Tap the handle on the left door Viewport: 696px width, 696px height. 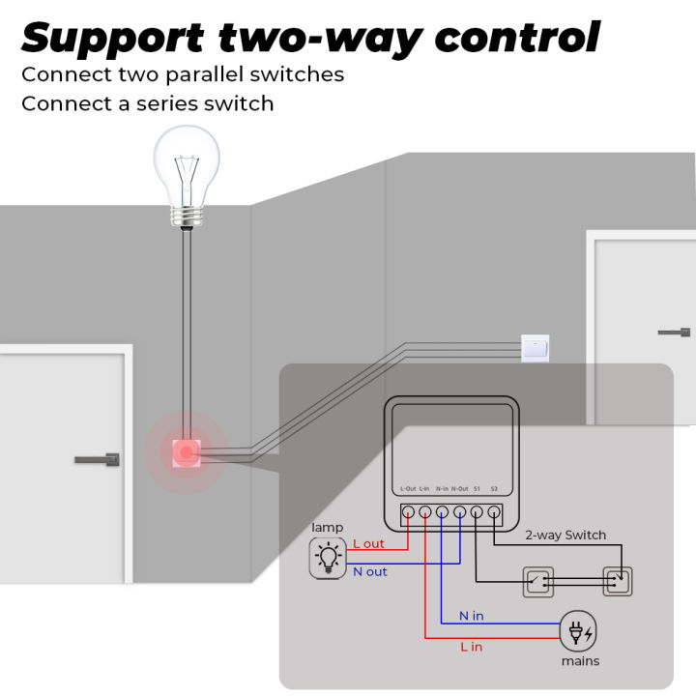[x=100, y=459]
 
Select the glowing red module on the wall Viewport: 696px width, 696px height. [x=184, y=450]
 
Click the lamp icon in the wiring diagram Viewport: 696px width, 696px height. [x=327, y=559]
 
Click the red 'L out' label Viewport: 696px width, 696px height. [x=368, y=544]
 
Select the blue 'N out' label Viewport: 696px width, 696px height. [x=369, y=572]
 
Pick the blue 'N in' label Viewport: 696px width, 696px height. [x=472, y=616]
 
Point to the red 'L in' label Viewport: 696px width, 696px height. [x=471, y=647]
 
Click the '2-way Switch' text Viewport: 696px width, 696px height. [x=565, y=535]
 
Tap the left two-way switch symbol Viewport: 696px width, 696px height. [x=537, y=581]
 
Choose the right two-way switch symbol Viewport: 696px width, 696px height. [x=616, y=581]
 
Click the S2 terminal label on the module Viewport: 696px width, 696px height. [x=494, y=490]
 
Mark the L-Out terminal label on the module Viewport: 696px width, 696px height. [x=408, y=490]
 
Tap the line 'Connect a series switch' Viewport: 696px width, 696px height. [x=147, y=102]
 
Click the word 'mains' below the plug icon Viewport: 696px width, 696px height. [x=580, y=661]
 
